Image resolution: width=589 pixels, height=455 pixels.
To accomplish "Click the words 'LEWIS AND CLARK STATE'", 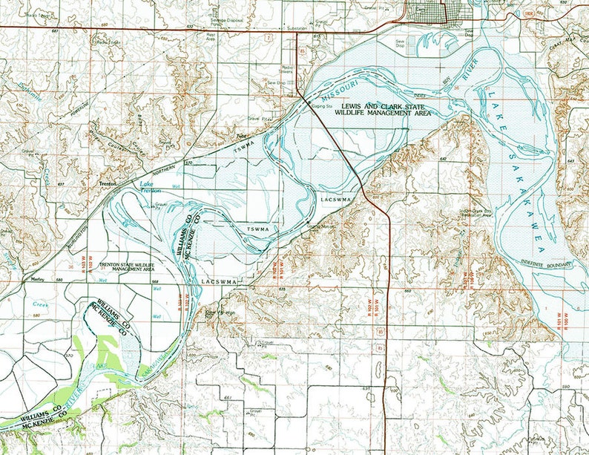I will pyautogui.click(x=381, y=107).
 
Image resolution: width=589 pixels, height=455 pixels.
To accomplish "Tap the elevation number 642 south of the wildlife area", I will pyautogui.click(x=442, y=159).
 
